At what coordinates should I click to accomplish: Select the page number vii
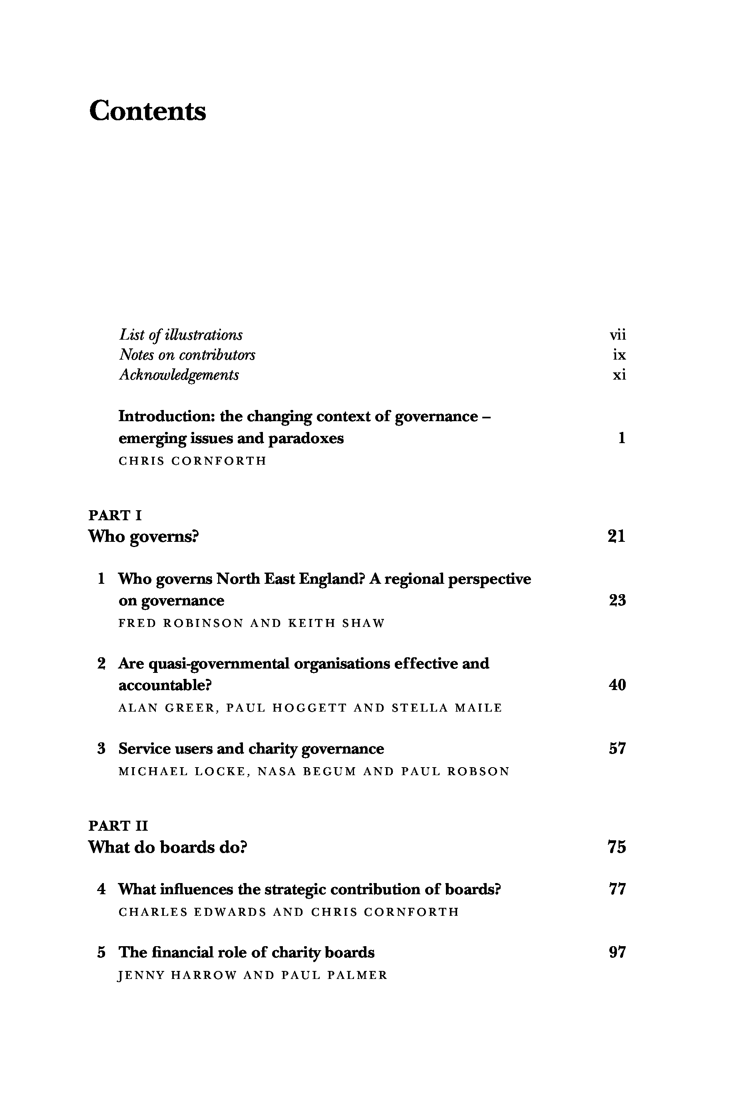coord(618,335)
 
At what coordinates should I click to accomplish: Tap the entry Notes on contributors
coord(187,355)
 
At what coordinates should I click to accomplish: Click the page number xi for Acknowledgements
coord(619,375)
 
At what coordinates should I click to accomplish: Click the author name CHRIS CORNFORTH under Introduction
coord(193,461)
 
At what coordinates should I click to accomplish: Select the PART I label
coord(115,515)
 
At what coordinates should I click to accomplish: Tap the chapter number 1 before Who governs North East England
coord(101,579)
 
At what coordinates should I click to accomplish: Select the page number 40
coord(617,685)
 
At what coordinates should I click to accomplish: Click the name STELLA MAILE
coord(447,708)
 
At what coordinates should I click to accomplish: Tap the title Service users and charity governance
coord(251,749)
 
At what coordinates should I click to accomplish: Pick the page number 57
coord(617,749)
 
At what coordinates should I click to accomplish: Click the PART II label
coord(118,826)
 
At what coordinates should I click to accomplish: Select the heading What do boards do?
coord(167,847)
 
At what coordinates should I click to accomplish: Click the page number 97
coord(617,953)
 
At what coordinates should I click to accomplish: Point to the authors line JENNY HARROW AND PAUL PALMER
coord(253,975)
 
